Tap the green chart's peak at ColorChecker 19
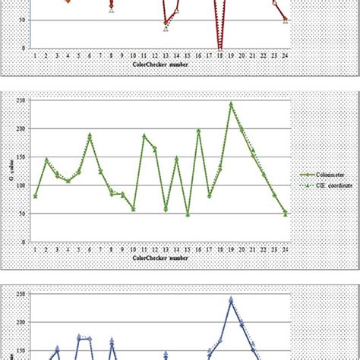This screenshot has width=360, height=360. (231, 104)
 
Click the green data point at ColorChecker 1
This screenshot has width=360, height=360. (35, 196)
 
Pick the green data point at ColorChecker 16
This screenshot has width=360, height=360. (198, 131)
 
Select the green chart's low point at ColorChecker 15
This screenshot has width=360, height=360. (188, 215)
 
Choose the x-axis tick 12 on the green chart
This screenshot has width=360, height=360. (155, 247)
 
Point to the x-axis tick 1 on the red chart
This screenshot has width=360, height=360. (35, 55)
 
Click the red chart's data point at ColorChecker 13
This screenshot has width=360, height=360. (166, 23)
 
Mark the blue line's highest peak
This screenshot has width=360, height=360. (231, 299)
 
